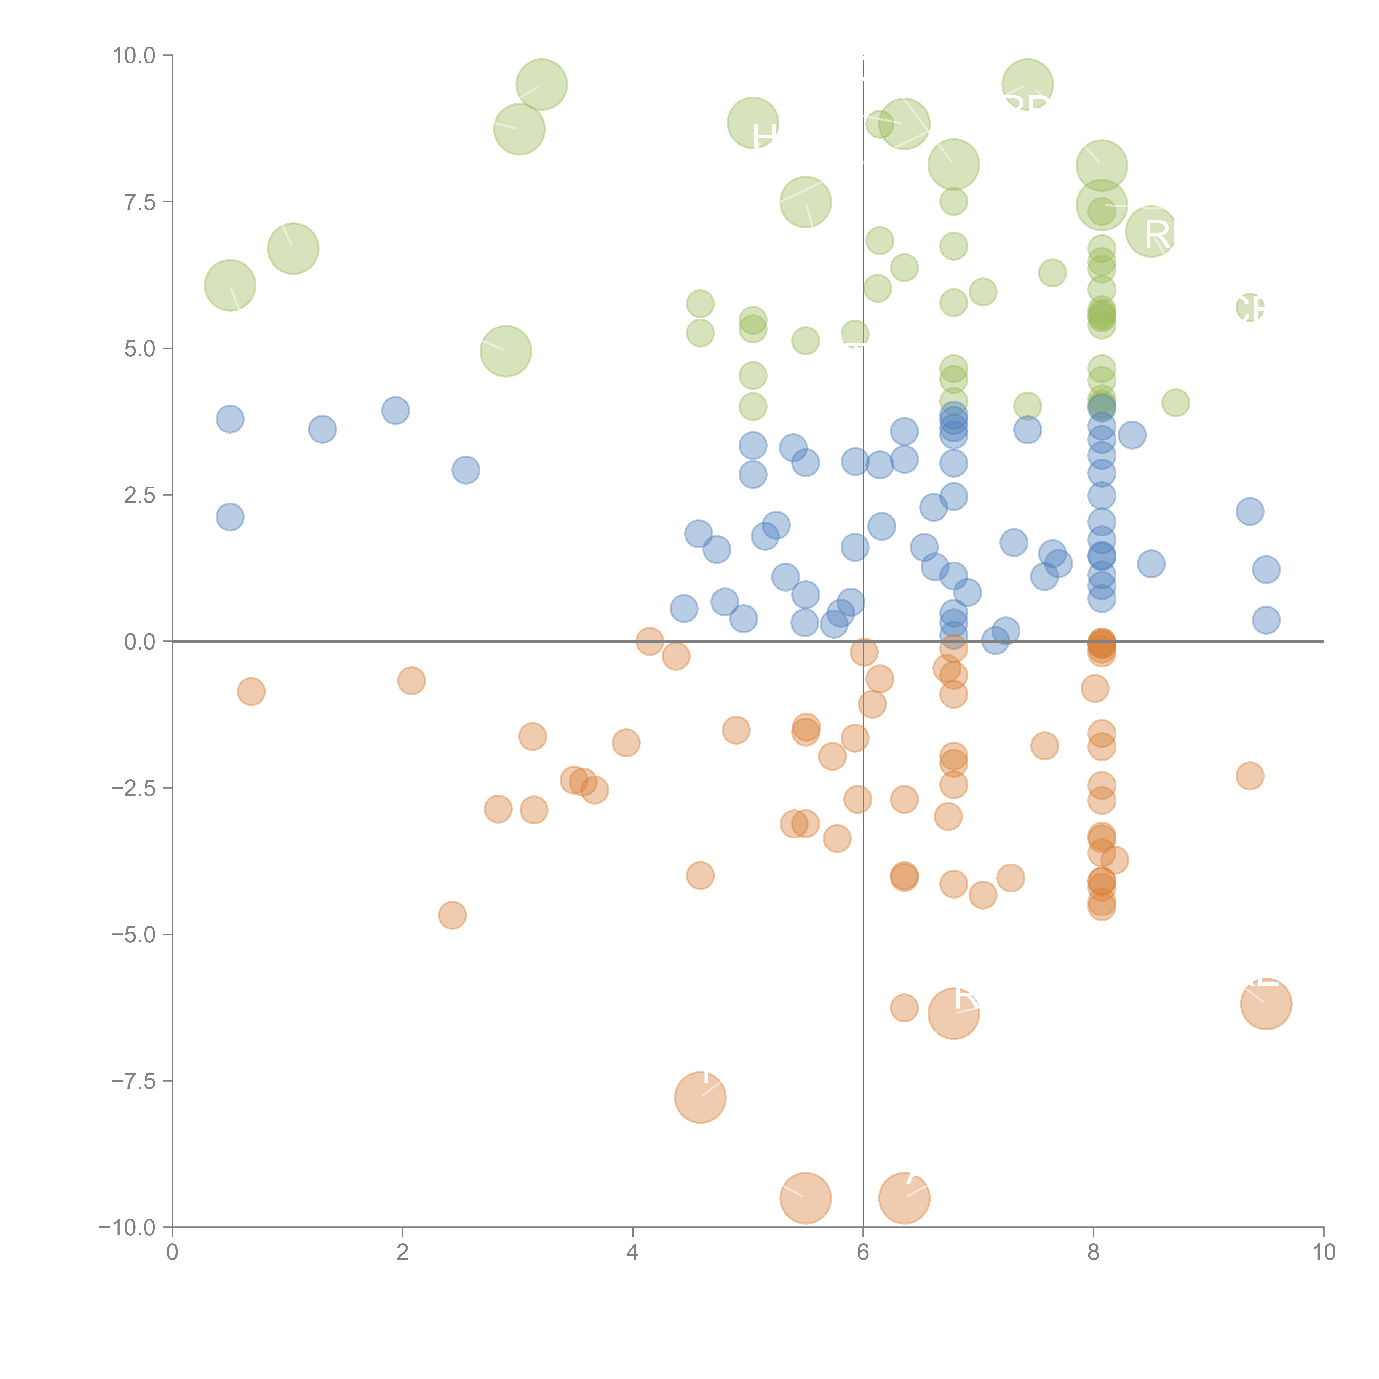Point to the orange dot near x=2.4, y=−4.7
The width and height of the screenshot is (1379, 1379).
point(452,915)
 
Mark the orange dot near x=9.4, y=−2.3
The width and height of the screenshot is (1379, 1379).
point(1249,776)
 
